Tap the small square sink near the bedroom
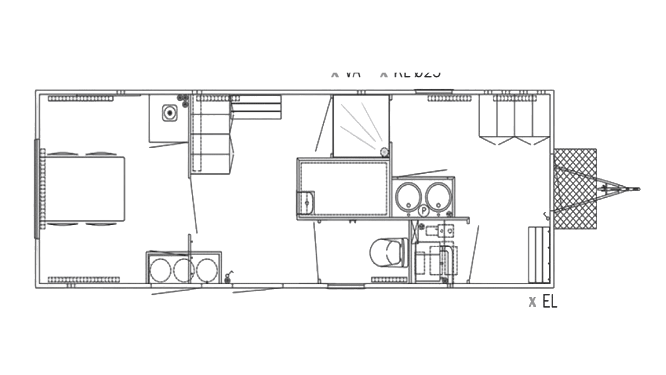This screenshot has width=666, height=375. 170,112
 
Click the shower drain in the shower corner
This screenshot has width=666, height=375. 384,152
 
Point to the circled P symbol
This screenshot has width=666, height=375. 424,210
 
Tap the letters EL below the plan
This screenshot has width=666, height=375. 550,302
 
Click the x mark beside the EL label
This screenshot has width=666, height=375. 532,302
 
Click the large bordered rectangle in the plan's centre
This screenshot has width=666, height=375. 343,189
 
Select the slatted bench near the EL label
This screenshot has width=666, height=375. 539,255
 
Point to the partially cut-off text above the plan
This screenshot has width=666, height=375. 385,74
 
